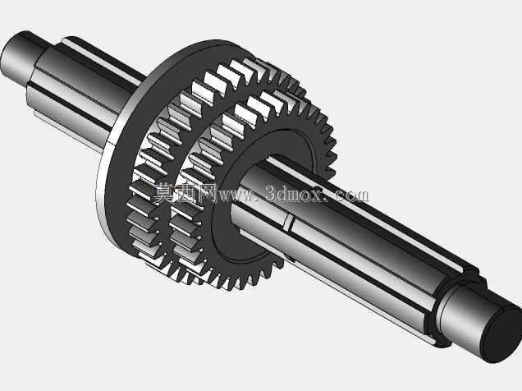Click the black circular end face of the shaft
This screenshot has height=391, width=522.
[x=501, y=335]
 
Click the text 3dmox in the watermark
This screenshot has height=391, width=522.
[x=295, y=194]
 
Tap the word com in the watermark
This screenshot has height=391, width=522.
[x=352, y=195]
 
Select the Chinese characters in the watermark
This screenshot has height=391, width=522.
[x=185, y=193]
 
